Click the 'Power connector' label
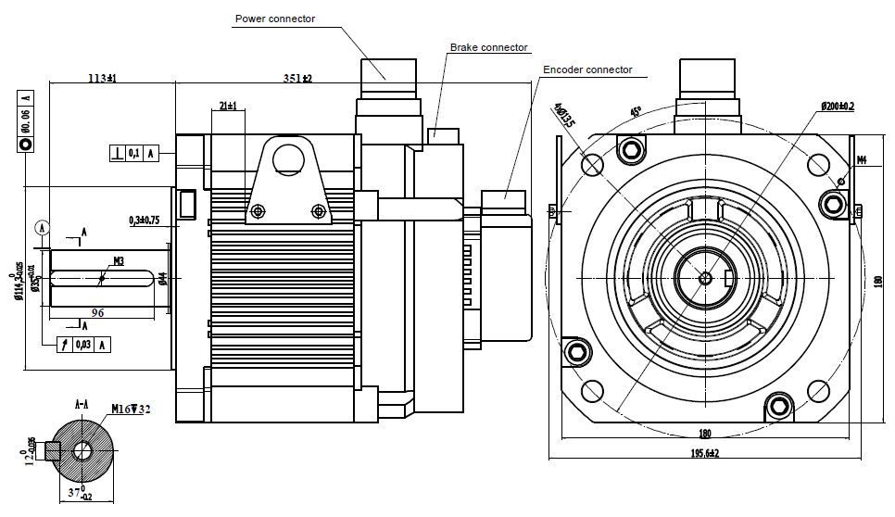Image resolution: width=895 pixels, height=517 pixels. pos(275,19)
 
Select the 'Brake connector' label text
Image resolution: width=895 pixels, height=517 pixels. pos(488,47)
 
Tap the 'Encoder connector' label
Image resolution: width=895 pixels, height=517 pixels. pos(587,69)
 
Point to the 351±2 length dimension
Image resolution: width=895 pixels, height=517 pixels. pos(297,79)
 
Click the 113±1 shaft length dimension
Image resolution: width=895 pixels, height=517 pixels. pos(102,79)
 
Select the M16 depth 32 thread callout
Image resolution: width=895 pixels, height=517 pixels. pos(131,409)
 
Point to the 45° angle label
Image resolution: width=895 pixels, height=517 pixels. pos(636,112)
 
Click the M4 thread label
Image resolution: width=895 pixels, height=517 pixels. pos(861,160)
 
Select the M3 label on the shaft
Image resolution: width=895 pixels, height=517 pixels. pos(120,261)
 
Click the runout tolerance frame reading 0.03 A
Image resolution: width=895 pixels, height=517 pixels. pos(83,345)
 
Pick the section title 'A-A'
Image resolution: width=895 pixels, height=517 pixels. pos(82,405)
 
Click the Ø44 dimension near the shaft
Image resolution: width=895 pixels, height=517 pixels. pos(162,278)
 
